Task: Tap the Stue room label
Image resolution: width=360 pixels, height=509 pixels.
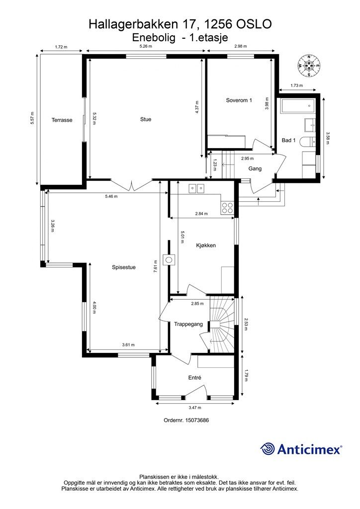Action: pyautogui.click(x=146, y=119)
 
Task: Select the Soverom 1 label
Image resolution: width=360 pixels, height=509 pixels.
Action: pyautogui.click(x=239, y=100)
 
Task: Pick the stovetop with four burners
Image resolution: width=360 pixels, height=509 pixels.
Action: pyautogui.click(x=227, y=208)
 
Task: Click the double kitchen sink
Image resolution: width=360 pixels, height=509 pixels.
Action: pyautogui.click(x=196, y=188)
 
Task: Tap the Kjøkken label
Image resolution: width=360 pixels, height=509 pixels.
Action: pyautogui.click(x=206, y=246)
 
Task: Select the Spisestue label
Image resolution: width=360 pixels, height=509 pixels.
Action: pyautogui.click(x=124, y=267)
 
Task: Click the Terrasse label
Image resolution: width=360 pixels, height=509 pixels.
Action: pyautogui.click(x=62, y=120)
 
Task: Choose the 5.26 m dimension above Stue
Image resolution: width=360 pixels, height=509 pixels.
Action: pyautogui.click(x=145, y=46)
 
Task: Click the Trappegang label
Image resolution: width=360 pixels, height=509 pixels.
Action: pyautogui.click(x=188, y=324)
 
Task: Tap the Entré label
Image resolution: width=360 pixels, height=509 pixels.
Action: pyautogui.click(x=195, y=378)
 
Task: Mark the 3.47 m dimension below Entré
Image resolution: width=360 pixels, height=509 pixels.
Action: pyautogui.click(x=195, y=408)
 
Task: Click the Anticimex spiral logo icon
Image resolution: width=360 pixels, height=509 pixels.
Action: pyautogui.click(x=268, y=449)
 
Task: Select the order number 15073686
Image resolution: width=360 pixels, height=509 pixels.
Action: pyautogui.click(x=197, y=420)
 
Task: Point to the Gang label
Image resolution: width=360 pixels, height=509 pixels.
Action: pyautogui.click(x=255, y=169)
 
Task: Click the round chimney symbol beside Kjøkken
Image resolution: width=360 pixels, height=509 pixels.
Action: pyautogui.click(x=169, y=259)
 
